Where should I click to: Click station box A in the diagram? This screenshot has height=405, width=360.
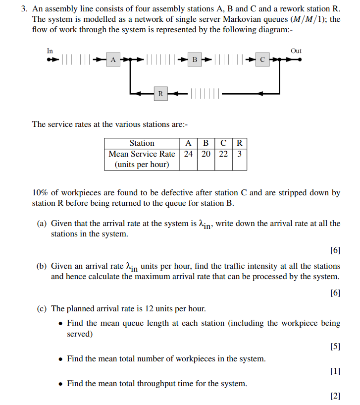click(x=113, y=60)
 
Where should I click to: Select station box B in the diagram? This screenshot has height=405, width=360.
click(x=195, y=60)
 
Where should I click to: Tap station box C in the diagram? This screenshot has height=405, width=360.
click(x=262, y=60)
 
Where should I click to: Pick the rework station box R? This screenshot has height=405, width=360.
click(x=160, y=93)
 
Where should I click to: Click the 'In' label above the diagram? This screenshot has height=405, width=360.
click(x=50, y=51)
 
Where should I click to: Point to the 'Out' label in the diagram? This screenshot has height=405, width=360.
click(x=296, y=51)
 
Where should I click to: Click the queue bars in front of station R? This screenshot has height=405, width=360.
click(x=204, y=93)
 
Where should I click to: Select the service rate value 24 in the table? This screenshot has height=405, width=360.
click(x=188, y=154)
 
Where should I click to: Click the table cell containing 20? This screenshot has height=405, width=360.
click(x=206, y=154)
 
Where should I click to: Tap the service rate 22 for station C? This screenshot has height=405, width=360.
click(x=223, y=154)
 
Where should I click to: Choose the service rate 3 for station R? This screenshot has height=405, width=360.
click(x=239, y=154)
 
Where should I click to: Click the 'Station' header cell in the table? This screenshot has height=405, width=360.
click(x=142, y=143)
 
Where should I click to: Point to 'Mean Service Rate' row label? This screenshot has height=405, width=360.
click(x=142, y=154)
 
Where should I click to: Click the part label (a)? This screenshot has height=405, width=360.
click(x=42, y=224)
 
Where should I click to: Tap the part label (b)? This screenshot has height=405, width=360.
click(x=42, y=266)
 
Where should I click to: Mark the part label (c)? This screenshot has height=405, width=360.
click(x=42, y=308)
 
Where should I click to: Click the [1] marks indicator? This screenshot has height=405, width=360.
click(x=335, y=371)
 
